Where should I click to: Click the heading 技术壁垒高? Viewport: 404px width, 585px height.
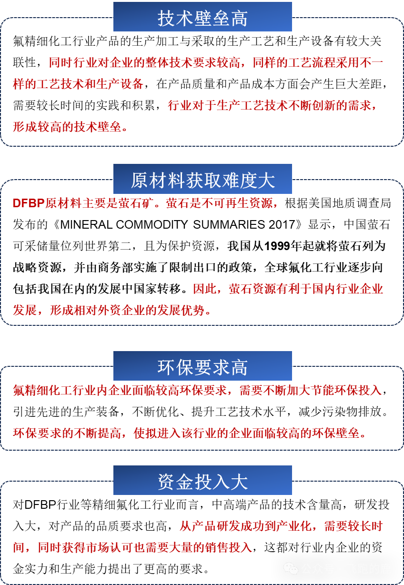tap(202, 18)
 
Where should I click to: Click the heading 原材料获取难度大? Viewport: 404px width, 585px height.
tap(202, 180)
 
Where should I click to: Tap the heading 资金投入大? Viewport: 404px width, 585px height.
tap(202, 481)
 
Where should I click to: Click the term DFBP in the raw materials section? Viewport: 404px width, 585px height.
tap(28, 203)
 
